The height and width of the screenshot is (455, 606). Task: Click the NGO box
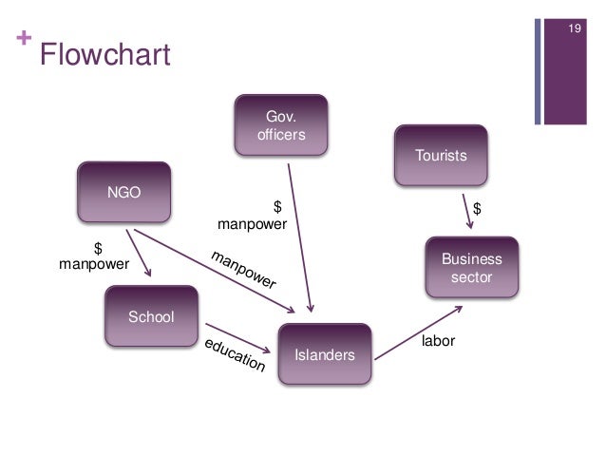tap(123, 191)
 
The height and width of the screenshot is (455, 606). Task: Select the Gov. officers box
tap(281, 125)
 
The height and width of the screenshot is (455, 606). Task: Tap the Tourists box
tap(442, 154)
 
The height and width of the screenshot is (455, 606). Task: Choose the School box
tap(151, 316)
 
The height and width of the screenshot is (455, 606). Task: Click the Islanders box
tap(325, 355)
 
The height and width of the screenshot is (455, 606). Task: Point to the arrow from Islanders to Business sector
tap(418, 332)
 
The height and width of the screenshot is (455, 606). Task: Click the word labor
tap(438, 339)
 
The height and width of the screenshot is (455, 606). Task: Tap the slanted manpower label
tap(243, 270)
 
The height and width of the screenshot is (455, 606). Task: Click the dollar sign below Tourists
tap(478, 207)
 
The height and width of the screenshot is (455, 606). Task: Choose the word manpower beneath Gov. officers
tap(252, 225)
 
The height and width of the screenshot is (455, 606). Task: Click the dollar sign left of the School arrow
tap(96, 249)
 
